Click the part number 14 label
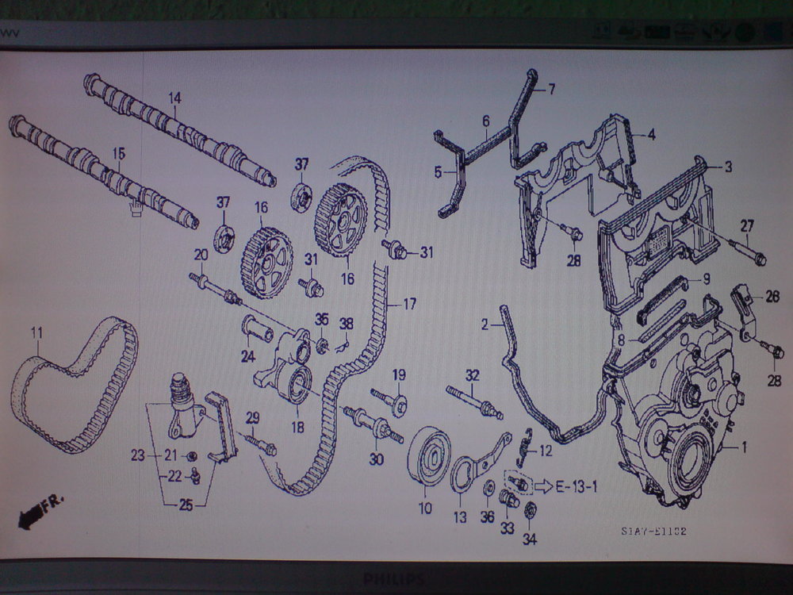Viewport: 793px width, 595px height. point(174,98)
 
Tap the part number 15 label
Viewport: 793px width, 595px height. point(118,153)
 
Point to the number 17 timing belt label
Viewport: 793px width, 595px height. point(409,303)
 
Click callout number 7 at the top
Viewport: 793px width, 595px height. point(552,89)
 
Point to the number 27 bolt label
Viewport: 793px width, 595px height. point(746,225)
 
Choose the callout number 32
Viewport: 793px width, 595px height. point(473,375)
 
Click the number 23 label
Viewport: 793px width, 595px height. point(138,455)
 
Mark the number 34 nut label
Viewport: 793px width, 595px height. point(530,539)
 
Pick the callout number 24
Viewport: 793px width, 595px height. point(248,355)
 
